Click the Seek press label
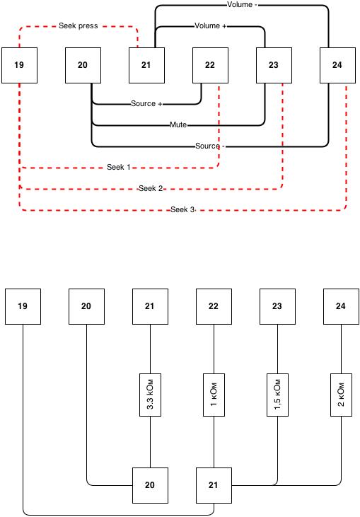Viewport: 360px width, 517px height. pos(78,25)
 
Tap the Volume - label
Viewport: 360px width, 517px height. pos(242,5)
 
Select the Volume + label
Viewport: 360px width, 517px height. pos(210,25)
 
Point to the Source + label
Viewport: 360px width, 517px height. pos(146,103)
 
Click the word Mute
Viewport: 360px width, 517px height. pos(178,124)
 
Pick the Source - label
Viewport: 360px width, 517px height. pos(209,146)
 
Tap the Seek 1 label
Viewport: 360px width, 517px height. pos(118,167)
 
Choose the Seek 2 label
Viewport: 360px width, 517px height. pos(151,188)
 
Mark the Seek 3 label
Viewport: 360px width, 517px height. pos(182,209)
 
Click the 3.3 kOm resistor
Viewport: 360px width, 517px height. pos(151,395)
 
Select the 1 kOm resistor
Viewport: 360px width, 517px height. pos(214,395)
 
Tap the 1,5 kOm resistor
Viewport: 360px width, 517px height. pos(277,395)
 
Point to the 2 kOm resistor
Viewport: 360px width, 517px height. pos(341,395)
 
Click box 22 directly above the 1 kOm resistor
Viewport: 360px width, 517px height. pos(214,307)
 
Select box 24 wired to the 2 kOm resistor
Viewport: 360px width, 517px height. pos(341,307)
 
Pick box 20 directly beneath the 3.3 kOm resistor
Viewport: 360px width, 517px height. pos(151,485)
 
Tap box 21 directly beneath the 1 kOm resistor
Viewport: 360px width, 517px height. pos(214,485)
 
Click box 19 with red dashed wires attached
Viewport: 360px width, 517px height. pos(20,65)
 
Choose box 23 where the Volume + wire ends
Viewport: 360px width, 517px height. pos(274,65)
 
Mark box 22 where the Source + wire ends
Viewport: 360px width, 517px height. pos(210,65)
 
